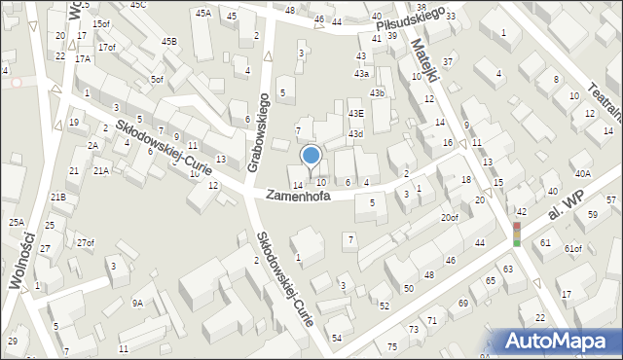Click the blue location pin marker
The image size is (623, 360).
(x=311, y=155)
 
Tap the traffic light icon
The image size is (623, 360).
(x=517, y=234)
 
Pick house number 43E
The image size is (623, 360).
(x=356, y=113)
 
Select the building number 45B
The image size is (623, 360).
(x=169, y=42)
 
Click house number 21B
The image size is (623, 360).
(x=58, y=198)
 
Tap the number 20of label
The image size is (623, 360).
(x=449, y=217)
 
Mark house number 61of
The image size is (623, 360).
(x=573, y=248)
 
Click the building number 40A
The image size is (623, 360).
(x=582, y=173)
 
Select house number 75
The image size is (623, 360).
(x=391, y=347)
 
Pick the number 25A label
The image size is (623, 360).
(x=17, y=223)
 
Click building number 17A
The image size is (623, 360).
(x=83, y=58)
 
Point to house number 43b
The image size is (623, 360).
(x=377, y=93)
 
